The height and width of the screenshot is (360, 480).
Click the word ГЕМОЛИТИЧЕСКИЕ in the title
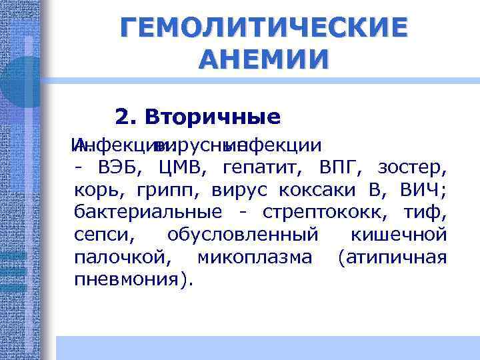pos(263,28)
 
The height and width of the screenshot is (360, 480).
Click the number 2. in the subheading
pos(126,117)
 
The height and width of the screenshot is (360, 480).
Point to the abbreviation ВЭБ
pos(121,167)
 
